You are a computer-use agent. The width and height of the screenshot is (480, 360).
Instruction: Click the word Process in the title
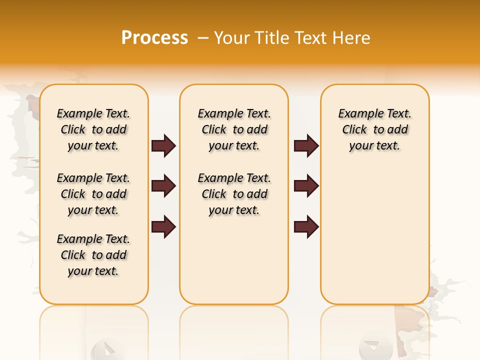pyautogui.click(x=154, y=38)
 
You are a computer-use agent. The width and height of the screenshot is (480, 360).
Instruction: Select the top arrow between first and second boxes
pyautogui.click(x=163, y=146)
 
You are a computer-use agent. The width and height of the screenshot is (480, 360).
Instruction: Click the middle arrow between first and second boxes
pyautogui.click(x=163, y=186)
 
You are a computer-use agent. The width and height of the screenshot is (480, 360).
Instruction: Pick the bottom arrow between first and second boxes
pyautogui.click(x=163, y=226)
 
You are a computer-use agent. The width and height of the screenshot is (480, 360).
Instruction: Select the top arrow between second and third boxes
pyautogui.click(x=306, y=146)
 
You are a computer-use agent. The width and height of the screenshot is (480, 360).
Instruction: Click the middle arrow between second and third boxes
pyautogui.click(x=306, y=186)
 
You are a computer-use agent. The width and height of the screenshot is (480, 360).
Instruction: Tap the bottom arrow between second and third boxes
pyautogui.click(x=306, y=226)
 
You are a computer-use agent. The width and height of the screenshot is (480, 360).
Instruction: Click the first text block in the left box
pyautogui.click(x=93, y=129)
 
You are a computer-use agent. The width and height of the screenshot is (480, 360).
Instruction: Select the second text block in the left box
pyautogui.click(x=93, y=194)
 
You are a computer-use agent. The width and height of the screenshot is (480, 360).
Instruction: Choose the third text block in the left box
pyautogui.click(x=93, y=255)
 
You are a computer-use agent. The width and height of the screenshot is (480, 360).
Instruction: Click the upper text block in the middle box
pyautogui.click(x=234, y=129)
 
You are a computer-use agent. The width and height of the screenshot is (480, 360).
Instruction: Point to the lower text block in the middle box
pyautogui.click(x=234, y=194)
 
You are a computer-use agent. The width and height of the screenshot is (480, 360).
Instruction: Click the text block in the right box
pyautogui.click(x=374, y=129)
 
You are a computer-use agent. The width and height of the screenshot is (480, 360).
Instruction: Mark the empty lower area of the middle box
pyautogui.click(x=234, y=260)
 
